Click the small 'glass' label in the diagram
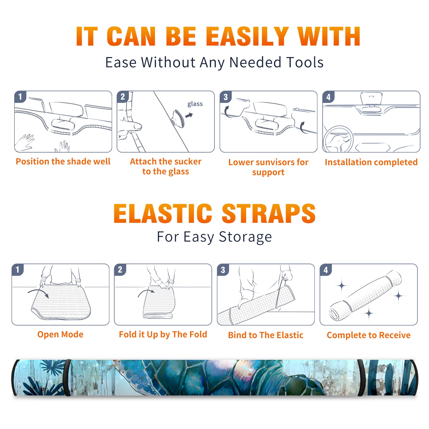click(x=195, y=104)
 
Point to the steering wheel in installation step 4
click(x=338, y=139)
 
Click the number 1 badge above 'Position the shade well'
click(x=20, y=96)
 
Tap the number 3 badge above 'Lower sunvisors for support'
click(x=225, y=97)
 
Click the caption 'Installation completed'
click(x=371, y=162)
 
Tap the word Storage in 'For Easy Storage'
click(x=245, y=237)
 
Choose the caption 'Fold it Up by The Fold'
click(x=163, y=334)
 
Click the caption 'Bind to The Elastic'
click(x=266, y=335)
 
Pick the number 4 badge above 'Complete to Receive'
click(x=326, y=270)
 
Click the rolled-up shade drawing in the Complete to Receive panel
click(x=365, y=295)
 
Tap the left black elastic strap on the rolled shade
click(x=68, y=378)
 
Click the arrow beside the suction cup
click(x=189, y=115)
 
